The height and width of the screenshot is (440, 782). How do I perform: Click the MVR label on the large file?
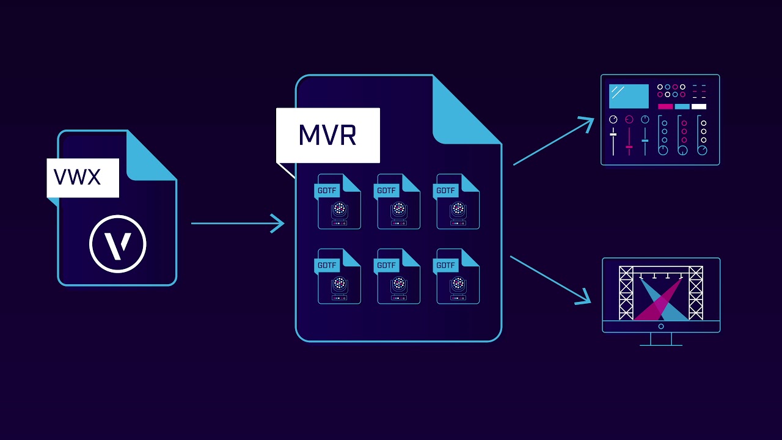pos(327,135)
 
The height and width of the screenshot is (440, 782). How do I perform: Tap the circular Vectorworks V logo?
pos(118,244)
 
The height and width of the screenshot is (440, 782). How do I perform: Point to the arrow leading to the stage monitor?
pos(550,279)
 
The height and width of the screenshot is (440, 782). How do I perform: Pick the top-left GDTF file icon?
pos(339,202)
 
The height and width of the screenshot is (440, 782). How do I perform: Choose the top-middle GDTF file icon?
pos(398,202)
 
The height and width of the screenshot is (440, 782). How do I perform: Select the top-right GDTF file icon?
pos(458,202)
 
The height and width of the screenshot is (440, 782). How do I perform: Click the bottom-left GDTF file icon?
pos(339,276)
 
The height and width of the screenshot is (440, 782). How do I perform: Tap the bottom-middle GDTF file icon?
pos(398,276)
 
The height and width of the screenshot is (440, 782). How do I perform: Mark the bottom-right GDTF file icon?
pos(458,276)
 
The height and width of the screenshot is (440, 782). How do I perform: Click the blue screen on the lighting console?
pos(629,96)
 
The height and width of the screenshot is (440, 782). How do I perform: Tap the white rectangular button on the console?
pos(698,106)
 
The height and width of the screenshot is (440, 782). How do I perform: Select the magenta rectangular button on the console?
pos(665,106)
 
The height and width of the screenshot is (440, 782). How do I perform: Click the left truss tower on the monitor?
pos(626,293)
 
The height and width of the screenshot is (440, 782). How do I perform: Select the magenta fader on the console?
pos(629,146)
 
